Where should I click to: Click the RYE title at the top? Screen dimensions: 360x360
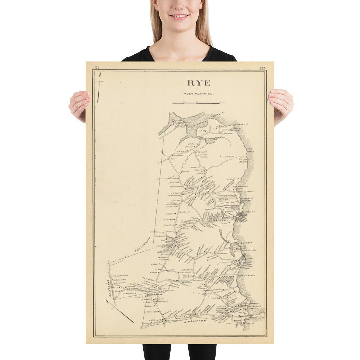tap(199, 83)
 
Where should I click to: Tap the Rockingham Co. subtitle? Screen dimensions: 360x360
tap(199, 94)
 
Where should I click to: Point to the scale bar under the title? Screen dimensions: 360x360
tap(196, 103)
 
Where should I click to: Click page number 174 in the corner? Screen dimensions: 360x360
tap(97, 68)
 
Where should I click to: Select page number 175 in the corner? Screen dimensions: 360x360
tap(262, 68)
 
